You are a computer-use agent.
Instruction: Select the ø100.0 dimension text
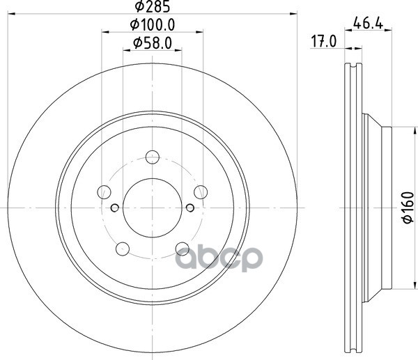(x=153, y=25)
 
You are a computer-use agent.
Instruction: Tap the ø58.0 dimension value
(x=153, y=43)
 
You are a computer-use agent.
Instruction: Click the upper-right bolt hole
(x=201, y=191)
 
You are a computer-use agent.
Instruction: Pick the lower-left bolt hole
(x=123, y=246)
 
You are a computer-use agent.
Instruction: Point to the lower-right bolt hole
(x=182, y=246)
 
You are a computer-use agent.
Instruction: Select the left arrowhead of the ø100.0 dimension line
(x=104, y=32)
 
